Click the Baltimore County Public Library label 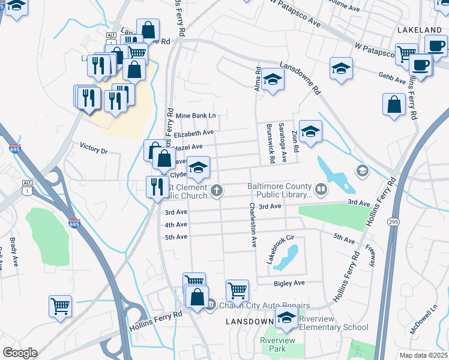[280, 190]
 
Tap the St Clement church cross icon [217, 191]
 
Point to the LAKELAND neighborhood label [420, 30]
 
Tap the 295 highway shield [393, 222]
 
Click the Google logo [20, 352]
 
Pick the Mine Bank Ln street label [195, 115]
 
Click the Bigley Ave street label [289, 283]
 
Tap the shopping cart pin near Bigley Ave [238, 290]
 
